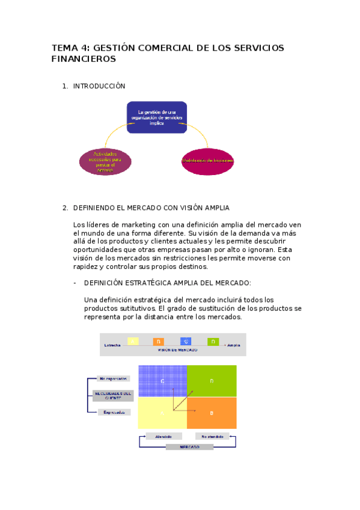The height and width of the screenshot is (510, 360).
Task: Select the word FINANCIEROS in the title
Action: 84,60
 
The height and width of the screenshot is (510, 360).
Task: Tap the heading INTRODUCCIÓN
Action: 99,87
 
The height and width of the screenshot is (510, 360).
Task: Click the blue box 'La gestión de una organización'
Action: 156,117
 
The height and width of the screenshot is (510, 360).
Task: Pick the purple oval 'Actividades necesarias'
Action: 105,161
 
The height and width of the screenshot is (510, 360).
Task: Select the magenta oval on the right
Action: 207,161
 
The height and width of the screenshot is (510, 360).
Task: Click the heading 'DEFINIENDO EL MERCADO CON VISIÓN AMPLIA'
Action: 151,208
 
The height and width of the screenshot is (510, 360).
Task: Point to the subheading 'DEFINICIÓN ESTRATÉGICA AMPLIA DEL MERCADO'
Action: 168,283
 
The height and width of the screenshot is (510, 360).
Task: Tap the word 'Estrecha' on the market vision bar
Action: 112,345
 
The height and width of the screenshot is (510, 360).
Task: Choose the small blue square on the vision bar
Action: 186,342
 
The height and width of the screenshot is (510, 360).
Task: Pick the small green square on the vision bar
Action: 213,342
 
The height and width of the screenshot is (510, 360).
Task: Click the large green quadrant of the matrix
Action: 212,381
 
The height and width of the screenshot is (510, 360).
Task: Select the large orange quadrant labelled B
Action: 212,413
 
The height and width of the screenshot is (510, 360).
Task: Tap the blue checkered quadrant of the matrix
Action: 162,381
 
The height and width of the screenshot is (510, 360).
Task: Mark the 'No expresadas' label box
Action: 113,379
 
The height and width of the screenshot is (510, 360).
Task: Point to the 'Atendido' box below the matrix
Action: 163,436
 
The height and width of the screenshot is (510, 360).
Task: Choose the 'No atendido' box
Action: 212,436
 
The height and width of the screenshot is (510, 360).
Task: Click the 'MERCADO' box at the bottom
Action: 188,447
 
